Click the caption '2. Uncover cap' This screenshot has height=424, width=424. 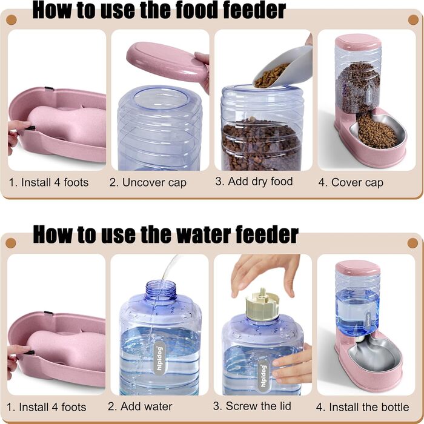pyautogui.click(x=148, y=183)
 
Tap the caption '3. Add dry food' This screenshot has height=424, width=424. pyautogui.click(x=254, y=182)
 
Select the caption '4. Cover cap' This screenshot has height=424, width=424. pyautogui.click(x=351, y=183)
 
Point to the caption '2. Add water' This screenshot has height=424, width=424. pyautogui.click(x=140, y=406)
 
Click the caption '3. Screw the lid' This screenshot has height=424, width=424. pyautogui.click(x=252, y=406)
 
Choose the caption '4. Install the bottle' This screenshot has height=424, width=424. pyautogui.click(x=362, y=407)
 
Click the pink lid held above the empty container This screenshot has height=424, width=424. pyautogui.click(x=167, y=62)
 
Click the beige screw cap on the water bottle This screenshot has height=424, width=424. pyautogui.click(x=262, y=305)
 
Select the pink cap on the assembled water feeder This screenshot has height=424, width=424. pyautogui.click(x=357, y=268)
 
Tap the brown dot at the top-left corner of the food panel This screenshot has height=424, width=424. pyautogui.click(x=11, y=20)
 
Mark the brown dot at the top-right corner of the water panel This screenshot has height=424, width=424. pyautogui.click(x=412, y=243)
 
